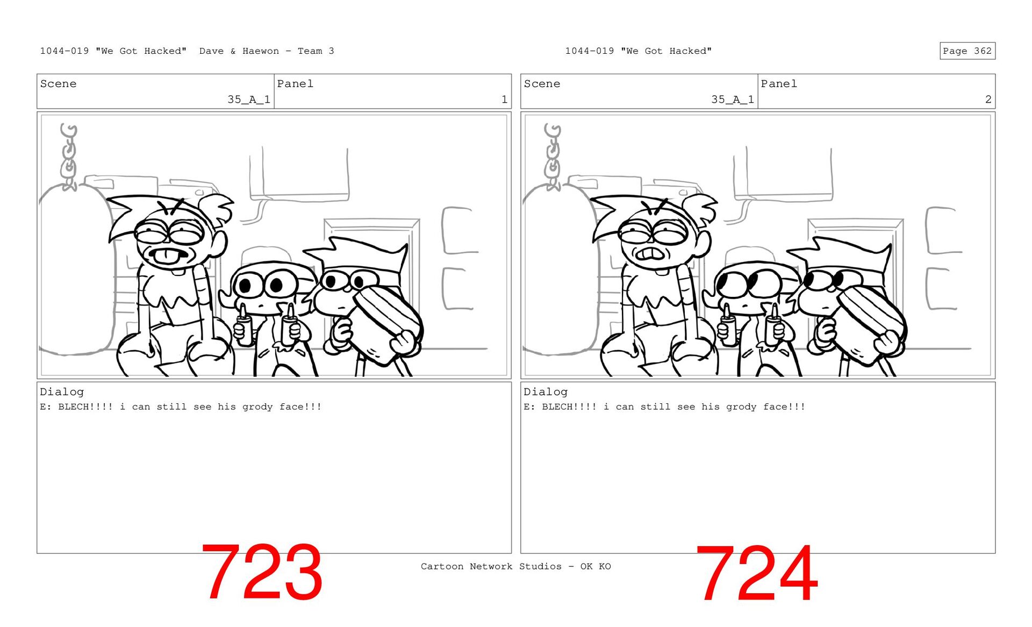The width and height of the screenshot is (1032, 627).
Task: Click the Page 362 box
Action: pyautogui.click(x=967, y=51)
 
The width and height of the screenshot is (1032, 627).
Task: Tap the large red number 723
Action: pyautogui.click(x=262, y=572)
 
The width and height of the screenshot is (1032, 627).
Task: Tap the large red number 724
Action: pyautogui.click(x=757, y=573)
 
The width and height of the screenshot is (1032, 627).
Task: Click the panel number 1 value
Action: pyautogui.click(x=504, y=99)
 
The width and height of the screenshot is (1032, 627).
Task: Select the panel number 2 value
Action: pyautogui.click(x=988, y=99)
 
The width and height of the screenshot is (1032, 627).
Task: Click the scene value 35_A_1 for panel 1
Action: pyautogui.click(x=249, y=99)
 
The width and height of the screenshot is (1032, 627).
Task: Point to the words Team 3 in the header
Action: pyautogui.click(x=316, y=51)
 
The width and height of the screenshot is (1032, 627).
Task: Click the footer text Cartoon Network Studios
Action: pyautogui.click(x=491, y=566)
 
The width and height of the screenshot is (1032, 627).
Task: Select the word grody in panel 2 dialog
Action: pyautogui.click(x=741, y=407)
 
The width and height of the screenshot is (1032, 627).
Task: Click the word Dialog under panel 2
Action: pyautogui.click(x=546, y=392)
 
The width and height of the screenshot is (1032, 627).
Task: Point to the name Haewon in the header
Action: pyautogui.click(x=261, y=51)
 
